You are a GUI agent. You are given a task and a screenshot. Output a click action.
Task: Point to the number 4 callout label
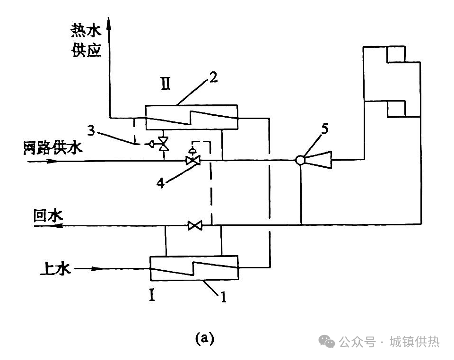click(162, 183)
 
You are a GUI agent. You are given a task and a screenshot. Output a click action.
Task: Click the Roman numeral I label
click(152, 296)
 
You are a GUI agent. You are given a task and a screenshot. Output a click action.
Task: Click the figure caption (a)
click(205, 338)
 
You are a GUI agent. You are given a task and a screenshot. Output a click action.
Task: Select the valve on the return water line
click(194, 226)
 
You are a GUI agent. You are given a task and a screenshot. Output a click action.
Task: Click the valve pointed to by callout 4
click(192, 161)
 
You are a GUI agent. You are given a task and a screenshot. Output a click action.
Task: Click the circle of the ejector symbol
click(300, 161)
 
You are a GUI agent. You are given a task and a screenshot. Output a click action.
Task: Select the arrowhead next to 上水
click(97, 269)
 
